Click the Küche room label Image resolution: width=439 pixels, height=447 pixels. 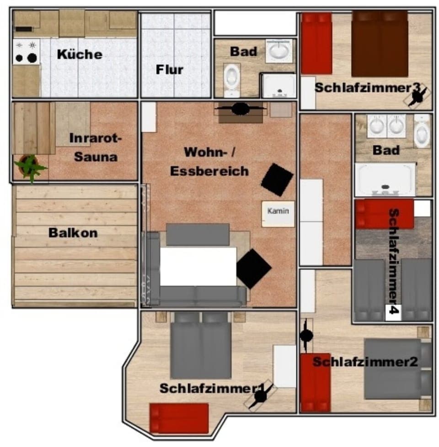pos(80,54)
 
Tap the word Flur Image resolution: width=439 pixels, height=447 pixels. pos(169,70)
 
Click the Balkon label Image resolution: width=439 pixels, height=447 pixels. pos(73,232)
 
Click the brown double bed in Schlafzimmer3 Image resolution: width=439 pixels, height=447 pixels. pos(380,44)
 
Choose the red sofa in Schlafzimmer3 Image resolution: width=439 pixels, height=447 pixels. pos(316,43)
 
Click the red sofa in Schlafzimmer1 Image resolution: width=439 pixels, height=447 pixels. pos(179,418)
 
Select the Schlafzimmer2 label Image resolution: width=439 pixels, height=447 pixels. pos(365,362)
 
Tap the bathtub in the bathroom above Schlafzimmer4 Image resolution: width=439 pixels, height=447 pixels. pos(385,179)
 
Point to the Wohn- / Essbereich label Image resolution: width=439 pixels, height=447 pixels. pos(209,161)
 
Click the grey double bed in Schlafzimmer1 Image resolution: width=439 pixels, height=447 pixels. pos(201,345)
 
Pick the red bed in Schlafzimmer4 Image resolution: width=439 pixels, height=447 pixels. pos(385,214)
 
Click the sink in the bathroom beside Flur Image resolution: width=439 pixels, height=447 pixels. pos(279,50)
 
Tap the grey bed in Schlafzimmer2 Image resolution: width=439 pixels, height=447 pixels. pos(397,368)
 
